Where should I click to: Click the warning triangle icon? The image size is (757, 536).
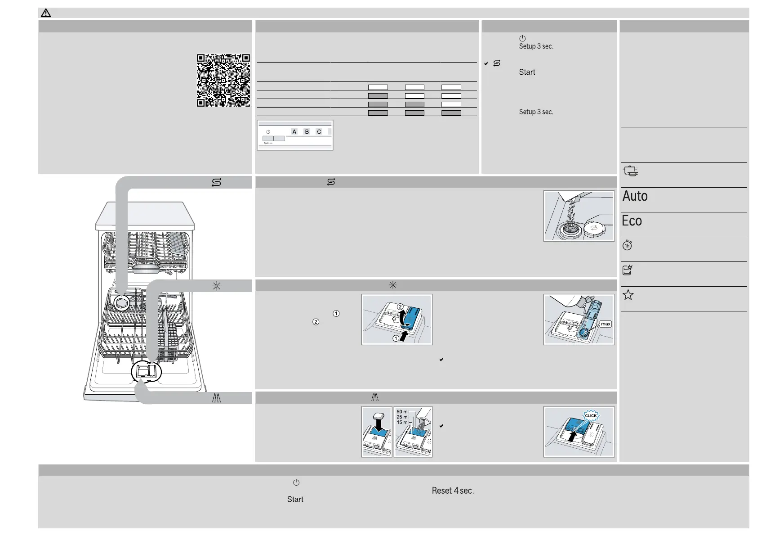tap(46, 13)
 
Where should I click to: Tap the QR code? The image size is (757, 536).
tap(223, 81)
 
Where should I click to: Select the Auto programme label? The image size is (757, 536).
tap(635, 196)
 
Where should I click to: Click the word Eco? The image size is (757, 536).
tap(632, 221)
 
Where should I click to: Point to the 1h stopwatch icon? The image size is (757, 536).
tap(627, 245)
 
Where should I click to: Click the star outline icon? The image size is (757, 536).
tap(628, 295)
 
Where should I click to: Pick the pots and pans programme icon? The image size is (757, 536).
tap(630, 171)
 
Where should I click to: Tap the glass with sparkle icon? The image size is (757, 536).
tap(627, 270)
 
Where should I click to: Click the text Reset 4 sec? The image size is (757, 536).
tap(453, 491)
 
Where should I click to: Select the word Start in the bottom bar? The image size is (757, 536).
tap(295, 500)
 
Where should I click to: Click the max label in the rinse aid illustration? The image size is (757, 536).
tap(606, 324)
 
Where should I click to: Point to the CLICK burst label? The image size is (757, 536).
tap(591, 415)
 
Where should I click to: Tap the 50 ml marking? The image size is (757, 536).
tap(402, 412)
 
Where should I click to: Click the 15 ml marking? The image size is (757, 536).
tap(402, 423)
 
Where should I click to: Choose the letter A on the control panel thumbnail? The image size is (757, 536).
tap(294, 132)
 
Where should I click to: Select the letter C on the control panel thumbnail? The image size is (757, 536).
tap(319, 132)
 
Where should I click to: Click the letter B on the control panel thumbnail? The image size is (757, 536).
tap(307, 132)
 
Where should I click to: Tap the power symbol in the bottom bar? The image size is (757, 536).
tap(296, 482)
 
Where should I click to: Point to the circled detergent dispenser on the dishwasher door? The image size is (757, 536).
tap(146, 372)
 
